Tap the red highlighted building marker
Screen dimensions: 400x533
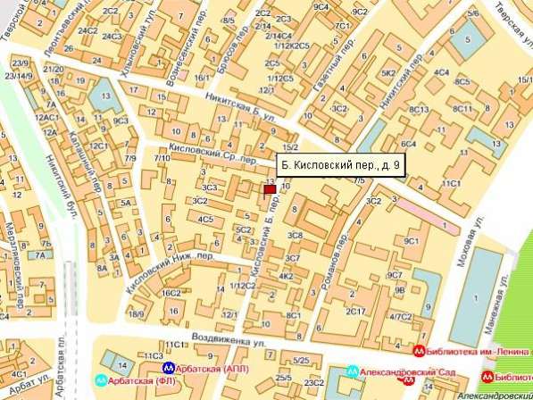[x=269, y=186]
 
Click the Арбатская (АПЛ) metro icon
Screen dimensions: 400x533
[x=168, y=366]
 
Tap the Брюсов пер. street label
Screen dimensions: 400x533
[x=233, y=59]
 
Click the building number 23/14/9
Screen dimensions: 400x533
[x=20, y=75]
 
